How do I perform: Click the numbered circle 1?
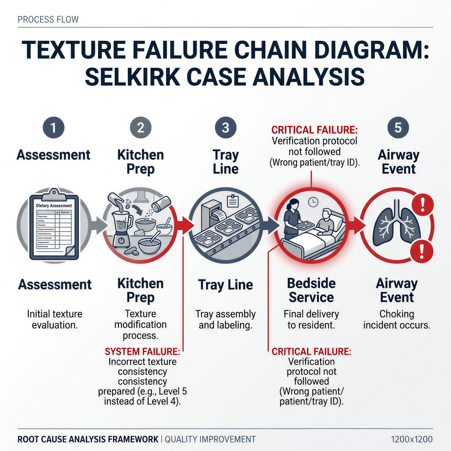(x=53, y=127)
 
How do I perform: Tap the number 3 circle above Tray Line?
(x=225, y=127)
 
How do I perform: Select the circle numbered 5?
(x=398, y=127)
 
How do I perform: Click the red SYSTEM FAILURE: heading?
(x=142, y=351)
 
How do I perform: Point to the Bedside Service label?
(x=311, y=290)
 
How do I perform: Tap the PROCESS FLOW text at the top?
(x=48, y=20)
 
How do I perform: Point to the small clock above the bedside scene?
(x=313, y=202)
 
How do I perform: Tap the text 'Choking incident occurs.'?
(x=397, y=319)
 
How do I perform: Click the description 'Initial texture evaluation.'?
(x=54, y=319)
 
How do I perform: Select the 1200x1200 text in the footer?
(x=412, y=439)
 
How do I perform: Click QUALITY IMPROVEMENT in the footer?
(x=210, y=439)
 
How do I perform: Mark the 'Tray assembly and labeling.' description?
(x=225, y=319)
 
